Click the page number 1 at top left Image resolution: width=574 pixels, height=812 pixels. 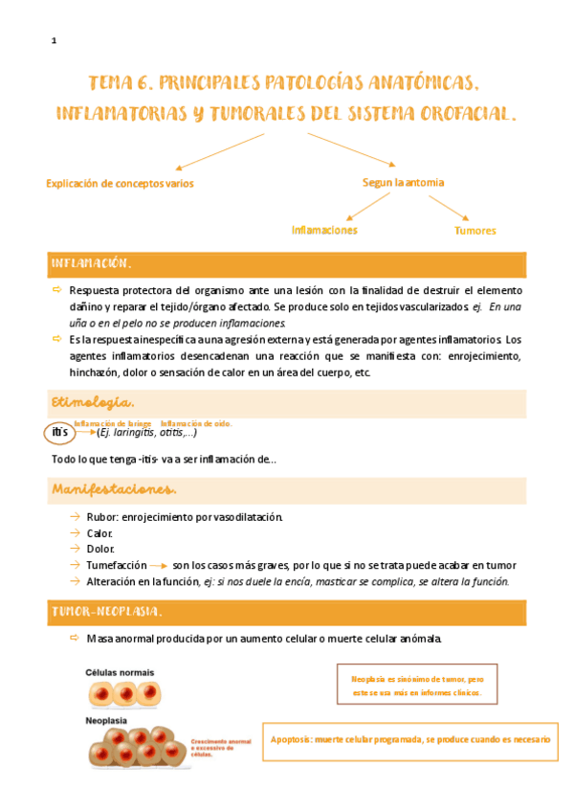pos(55,40)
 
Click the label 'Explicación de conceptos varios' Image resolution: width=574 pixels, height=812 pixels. pos(119,183)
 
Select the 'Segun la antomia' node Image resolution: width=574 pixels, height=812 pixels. pos(403,182)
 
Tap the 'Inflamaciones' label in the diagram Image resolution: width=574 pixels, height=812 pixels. pos(324,230)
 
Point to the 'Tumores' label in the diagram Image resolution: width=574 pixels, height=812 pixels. pos(475,231)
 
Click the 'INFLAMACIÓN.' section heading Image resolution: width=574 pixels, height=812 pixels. pos(91,263)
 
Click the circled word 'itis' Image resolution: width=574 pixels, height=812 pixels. pos(59,433)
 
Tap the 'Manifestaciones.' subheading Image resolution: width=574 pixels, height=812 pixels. pos(114,490)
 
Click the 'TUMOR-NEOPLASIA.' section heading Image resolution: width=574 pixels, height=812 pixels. pos(106,611)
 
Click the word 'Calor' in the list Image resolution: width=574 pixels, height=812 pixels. pos(99,533)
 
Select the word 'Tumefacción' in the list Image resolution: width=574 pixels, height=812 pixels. pos(117,565)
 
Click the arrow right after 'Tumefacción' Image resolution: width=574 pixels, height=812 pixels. pos(160,566)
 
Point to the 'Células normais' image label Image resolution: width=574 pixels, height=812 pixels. pos(120,672)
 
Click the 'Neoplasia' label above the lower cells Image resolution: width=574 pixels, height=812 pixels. pos(107,720)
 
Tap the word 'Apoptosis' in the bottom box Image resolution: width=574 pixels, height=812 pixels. pos(296,739)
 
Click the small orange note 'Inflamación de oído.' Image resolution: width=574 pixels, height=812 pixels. pos(196,423)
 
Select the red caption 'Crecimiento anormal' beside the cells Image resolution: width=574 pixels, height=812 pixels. pos(220,741)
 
